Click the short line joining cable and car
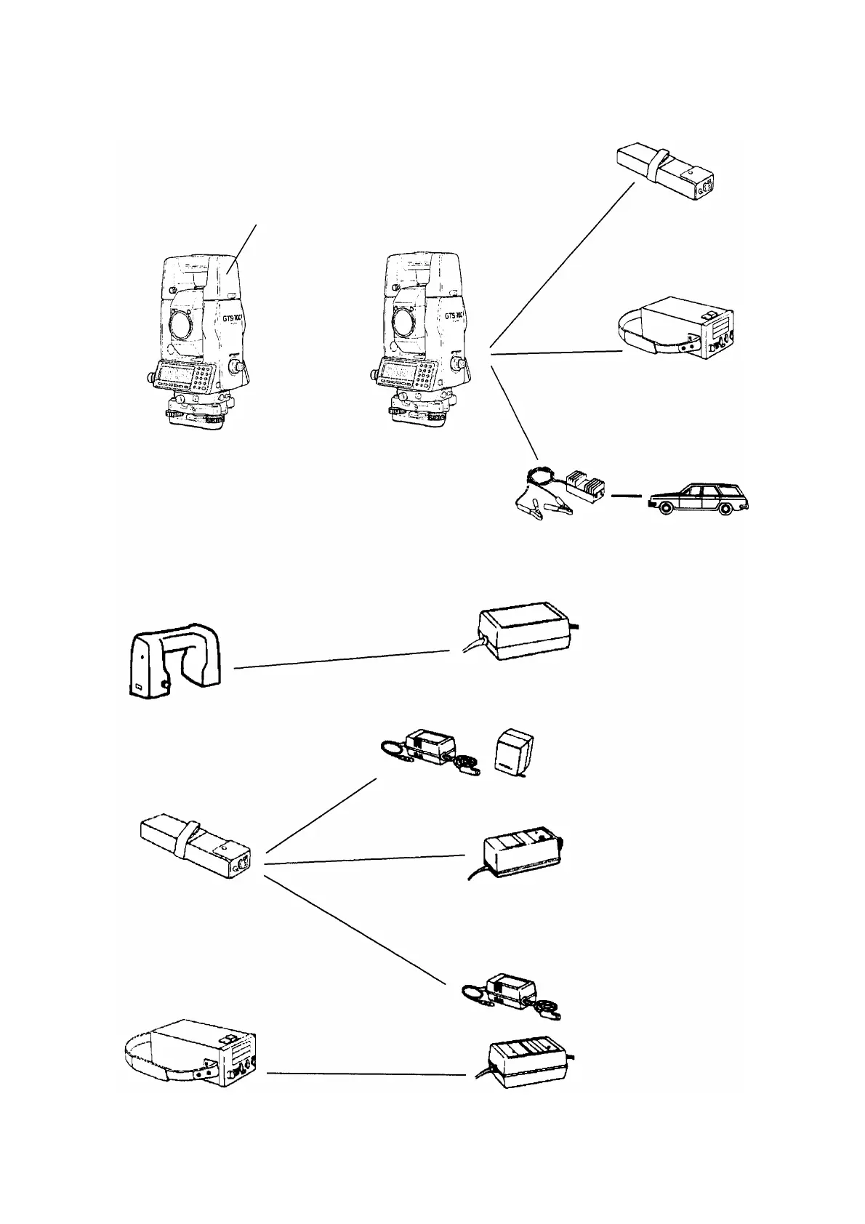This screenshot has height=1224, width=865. point(627,497)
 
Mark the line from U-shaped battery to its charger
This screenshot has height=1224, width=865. point(342,659)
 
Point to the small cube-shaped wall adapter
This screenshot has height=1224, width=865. point(515,755)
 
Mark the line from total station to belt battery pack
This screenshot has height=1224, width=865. point(556,353)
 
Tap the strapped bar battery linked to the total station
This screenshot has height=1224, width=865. point(665,171)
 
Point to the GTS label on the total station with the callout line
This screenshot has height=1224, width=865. point(230,318)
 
